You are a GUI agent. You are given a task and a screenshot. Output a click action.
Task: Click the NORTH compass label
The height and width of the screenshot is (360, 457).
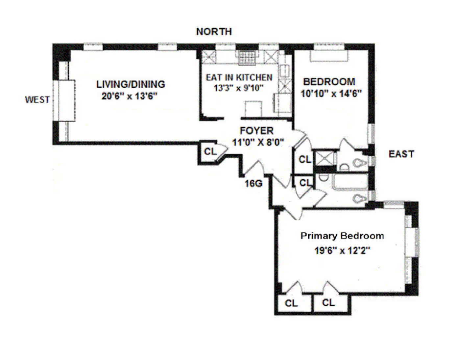pos(214,32)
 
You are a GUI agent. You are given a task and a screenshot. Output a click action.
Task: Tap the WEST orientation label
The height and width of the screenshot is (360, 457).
pos(37,100)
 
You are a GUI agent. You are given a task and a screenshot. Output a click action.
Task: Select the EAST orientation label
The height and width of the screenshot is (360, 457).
pos(401,154)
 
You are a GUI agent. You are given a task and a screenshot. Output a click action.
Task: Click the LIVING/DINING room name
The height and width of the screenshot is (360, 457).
pos(131,84)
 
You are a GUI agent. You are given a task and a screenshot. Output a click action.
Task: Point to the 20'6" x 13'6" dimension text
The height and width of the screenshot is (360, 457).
pos(129,96)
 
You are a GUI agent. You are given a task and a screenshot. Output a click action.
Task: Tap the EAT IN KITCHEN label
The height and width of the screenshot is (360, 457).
pos(239,78)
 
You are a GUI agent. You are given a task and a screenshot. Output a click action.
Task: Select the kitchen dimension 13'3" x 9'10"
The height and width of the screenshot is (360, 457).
pos(239,88)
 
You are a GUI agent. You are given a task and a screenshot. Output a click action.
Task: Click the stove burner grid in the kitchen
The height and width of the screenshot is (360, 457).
pos(247,58)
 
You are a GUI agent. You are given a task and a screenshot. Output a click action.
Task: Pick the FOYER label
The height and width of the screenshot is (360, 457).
pos(256,131)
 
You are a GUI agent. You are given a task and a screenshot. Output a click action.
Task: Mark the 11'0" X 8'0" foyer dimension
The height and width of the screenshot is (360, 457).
pos(258,142)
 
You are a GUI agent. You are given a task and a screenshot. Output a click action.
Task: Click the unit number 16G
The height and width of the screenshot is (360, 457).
pos(253,183)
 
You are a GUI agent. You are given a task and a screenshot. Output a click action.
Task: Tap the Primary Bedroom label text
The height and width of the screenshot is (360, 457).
pos(342,236)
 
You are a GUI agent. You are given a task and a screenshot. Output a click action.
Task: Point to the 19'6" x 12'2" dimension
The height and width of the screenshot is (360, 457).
pos(342,251)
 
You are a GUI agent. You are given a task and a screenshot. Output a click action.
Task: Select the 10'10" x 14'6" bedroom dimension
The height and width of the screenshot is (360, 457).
pos(331,94)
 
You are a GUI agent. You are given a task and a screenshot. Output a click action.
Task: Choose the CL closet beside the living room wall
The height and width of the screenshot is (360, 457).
pos(210,151)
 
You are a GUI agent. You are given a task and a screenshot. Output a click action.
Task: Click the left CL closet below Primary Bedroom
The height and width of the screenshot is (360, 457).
pos(291,303)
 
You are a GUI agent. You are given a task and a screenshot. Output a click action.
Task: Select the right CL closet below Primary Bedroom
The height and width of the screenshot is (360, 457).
pos(328,303)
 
